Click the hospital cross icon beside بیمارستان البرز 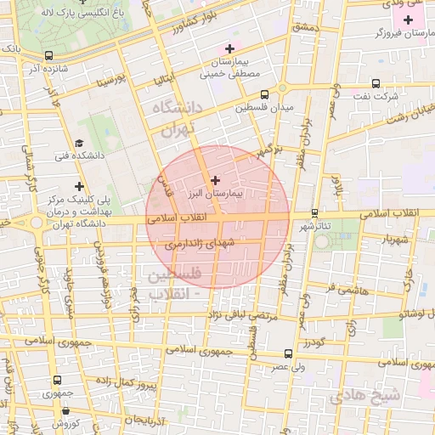pos(214,180)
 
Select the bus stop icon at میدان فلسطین pos(265,94)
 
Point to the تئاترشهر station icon pos(315,212)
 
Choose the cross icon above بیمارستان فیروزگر pos(408,19)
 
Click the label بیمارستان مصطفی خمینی pos(229,68)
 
